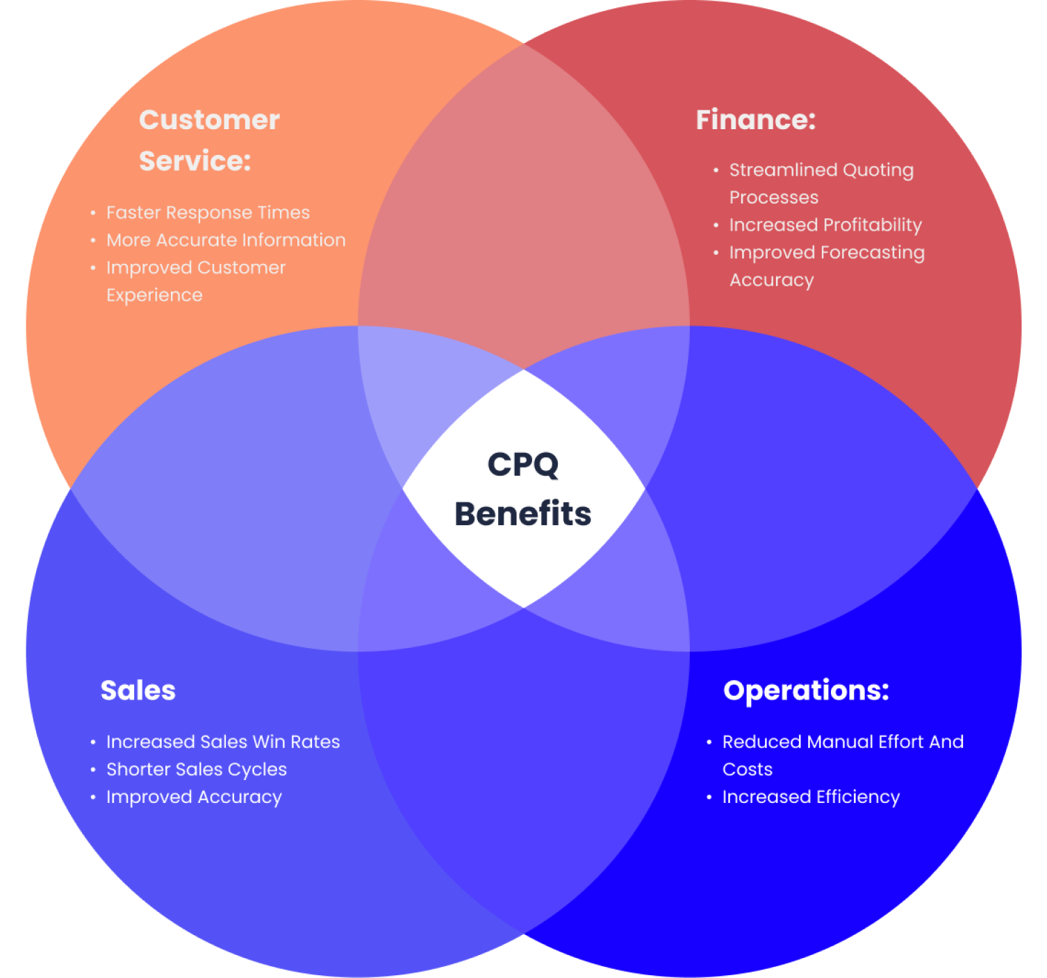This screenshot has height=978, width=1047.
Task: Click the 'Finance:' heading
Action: pos(755,120)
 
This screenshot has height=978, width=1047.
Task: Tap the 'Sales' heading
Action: pos(138,690)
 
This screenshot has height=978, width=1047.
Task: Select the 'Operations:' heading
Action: pos(806,690)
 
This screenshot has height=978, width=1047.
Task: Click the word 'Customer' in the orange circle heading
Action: pos(209,120)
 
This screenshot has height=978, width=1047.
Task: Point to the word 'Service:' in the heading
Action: pos(195,161)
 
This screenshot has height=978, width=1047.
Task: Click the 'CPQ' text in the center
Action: pos(523,465)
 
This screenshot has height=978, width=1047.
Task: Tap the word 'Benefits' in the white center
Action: pos(523,514)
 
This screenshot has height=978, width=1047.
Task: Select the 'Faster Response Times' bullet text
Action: pos(208,213)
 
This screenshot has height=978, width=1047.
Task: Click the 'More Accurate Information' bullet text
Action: pos(226,240)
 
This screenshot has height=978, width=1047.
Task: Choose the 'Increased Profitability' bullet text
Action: pos(825,225)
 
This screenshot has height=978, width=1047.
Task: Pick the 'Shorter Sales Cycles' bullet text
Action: pos(197,770)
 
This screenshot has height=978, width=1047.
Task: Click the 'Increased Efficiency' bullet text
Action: pos(811,797)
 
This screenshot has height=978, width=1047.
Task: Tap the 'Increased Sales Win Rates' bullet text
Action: pos(223,742)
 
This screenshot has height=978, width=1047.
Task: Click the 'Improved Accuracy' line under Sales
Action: pos(194,797)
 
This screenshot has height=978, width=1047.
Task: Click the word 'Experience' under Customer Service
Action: pos(154,295)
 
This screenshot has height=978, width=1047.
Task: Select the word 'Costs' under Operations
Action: pos(748,770)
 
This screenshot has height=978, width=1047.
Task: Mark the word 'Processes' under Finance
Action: pos(774,198)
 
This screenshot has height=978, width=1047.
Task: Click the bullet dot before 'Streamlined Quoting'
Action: pos(716,169)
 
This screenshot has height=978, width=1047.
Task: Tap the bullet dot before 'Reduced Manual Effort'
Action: pos(709,742)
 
